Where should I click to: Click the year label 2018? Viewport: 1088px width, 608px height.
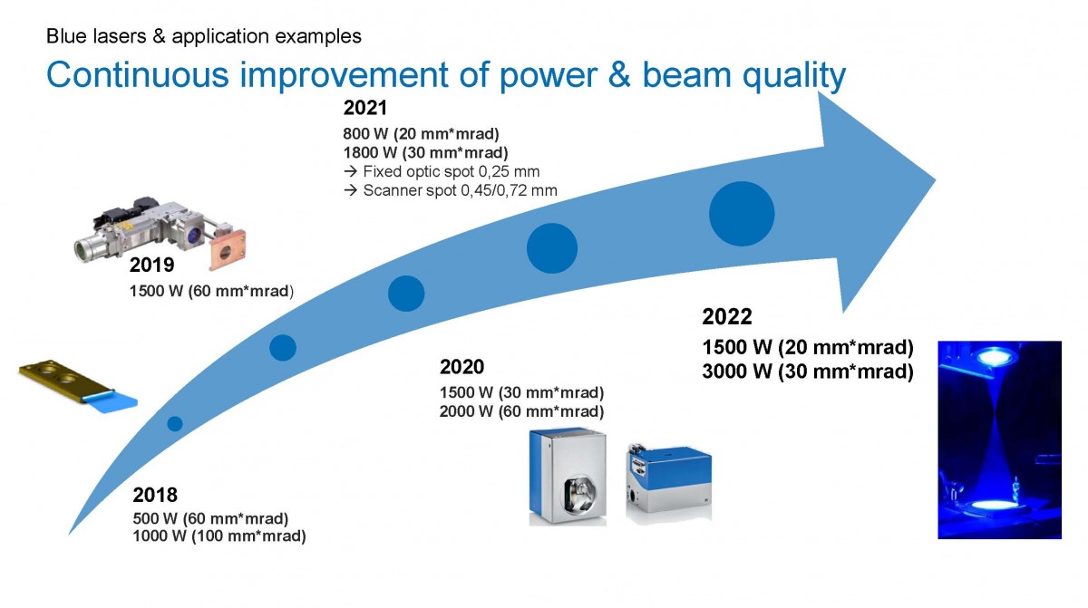155,495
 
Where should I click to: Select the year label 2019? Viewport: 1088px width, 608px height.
151,265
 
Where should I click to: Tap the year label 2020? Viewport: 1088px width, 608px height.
461,367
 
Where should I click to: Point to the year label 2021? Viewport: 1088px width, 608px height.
365,108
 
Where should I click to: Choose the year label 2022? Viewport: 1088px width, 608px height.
727,317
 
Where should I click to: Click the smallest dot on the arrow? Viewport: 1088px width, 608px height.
175,424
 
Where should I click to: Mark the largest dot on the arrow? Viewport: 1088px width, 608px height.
742,214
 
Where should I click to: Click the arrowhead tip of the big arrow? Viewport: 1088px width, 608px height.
936,180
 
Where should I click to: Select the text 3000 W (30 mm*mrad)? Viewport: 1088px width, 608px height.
808,372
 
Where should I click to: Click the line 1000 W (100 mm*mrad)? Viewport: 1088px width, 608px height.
219,536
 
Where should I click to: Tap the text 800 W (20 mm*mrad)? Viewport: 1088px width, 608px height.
421,134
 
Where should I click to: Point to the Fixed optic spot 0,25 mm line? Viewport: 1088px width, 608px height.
442,172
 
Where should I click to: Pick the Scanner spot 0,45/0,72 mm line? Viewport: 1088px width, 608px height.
451,190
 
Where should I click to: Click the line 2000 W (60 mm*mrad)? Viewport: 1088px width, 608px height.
521,411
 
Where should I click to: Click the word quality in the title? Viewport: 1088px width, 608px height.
793,76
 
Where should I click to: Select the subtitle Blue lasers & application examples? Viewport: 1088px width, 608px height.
204,36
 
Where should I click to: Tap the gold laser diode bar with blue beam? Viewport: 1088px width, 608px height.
78,386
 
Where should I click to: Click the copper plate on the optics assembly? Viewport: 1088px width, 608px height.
227,251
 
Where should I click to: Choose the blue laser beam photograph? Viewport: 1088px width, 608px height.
999,439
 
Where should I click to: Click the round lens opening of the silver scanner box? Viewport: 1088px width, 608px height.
579,496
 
